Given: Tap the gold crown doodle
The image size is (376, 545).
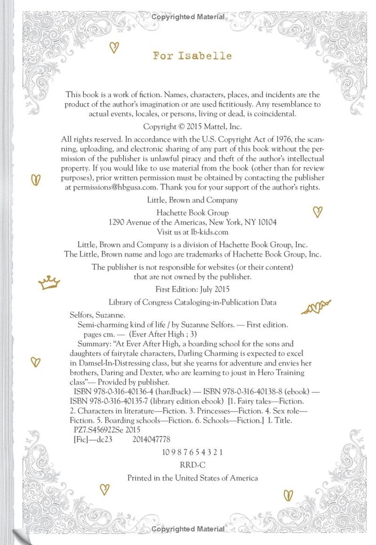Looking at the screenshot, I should (x=49, y=282).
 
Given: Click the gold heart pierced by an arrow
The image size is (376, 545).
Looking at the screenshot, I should (x=316, y=307).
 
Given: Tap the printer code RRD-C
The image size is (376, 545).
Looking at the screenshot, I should (x=192, y=464).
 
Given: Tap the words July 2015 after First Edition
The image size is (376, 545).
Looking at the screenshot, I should (x=214, y=290).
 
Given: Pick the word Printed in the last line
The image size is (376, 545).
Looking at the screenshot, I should (x=141, y=478).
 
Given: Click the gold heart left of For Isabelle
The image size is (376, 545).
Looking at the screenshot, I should (x=114, y=47).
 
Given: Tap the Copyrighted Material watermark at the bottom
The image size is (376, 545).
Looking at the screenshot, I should (x=188, y=529).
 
